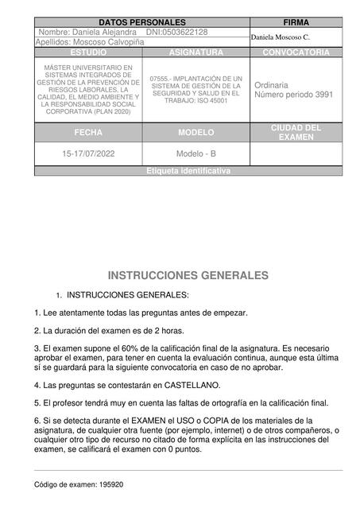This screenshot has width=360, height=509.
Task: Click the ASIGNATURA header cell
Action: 196,52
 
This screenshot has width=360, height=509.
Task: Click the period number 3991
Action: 322,94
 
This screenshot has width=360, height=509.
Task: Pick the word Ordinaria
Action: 271,84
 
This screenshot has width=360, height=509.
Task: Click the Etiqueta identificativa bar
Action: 189,171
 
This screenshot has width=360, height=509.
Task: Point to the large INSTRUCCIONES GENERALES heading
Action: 188,275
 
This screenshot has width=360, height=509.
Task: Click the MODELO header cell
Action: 196,132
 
